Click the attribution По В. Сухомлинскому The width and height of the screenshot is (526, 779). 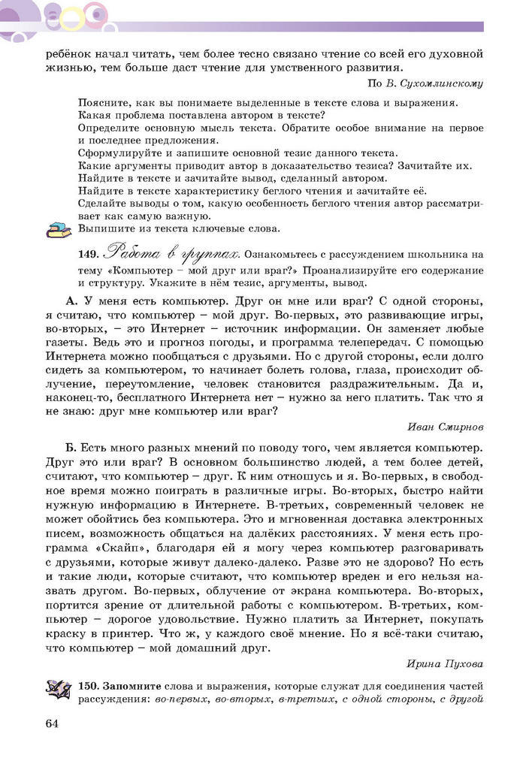[x=425, y=83]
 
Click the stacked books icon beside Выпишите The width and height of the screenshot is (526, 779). [x=57, y=230]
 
